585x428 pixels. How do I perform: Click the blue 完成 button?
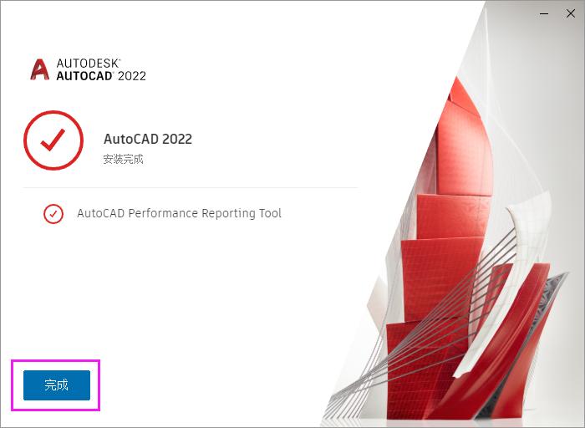coord(56,385)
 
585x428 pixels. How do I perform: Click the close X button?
coord(571,13)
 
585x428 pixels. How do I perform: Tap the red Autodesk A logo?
coord(39,69)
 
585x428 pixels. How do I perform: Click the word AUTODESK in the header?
coord(89,63)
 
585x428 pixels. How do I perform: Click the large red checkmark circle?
coord(53,140)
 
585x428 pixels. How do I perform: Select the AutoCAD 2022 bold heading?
coord(147,139)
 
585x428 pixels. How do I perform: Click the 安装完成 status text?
coord(124,159)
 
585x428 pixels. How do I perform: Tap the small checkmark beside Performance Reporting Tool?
coord(53,214)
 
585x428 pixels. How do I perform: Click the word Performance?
coord(164,213)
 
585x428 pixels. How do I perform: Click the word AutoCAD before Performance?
coord(100,213)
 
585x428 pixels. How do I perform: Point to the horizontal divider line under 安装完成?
coord(191,187)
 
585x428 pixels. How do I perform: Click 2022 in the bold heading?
coord(176,139)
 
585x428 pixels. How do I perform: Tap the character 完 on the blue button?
coord(50,385)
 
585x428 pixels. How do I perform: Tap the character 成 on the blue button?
coord(62,385)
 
